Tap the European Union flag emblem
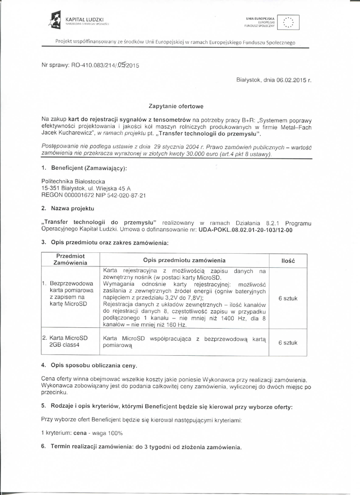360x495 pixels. tap(291, 22)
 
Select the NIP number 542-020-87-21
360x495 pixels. tap(125, 195)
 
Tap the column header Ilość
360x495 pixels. tap(288, 261)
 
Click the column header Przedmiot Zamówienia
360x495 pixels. tap(71, 259)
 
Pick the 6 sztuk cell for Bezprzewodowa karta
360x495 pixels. tap(288, 298)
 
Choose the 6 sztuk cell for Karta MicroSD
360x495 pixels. tap(288, 342)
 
